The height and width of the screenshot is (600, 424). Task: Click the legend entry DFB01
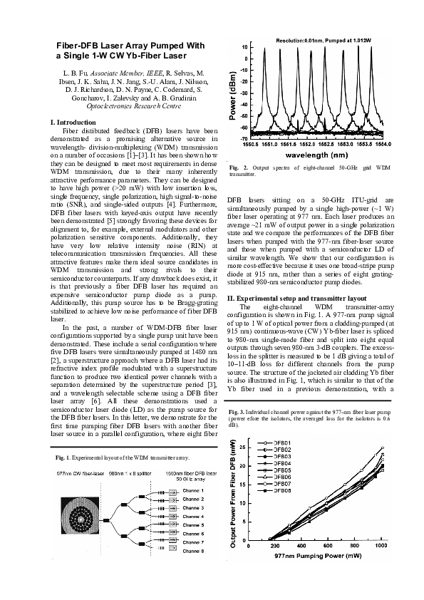[281, 444]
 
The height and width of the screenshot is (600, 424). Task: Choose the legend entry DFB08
[281, 491]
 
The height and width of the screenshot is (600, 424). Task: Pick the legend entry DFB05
[281, 470]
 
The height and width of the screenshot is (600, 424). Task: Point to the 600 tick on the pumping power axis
[317, 546]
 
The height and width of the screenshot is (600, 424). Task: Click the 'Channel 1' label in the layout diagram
[193, 490]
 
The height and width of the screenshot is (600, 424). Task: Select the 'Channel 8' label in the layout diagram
[193, 551]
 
